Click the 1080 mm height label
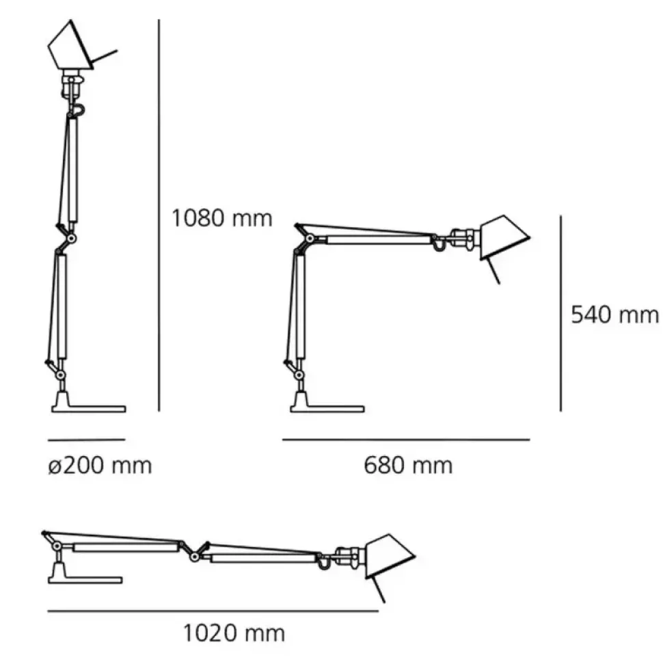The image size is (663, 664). pos(221,218)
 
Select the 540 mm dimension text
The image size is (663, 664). pos(614,315)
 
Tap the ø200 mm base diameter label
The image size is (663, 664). pos(100,466)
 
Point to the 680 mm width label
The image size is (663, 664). pos(407,466)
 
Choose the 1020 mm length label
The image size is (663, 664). pos(233,634)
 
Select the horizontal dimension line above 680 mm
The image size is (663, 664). pos(406,440)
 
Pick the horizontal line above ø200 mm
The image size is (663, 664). pos(86,439)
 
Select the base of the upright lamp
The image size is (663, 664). pos(88,408)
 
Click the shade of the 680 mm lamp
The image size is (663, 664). pos(504,238)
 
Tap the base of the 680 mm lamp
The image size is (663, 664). pos(326,408)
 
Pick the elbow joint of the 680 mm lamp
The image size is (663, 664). pos(309,239)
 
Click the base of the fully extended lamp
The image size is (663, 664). pos(85,579)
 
